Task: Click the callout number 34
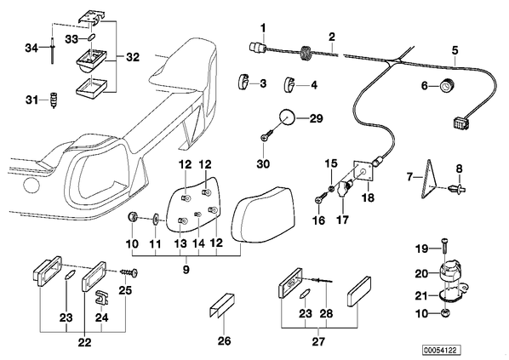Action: pyautogui.click(x=31, y=49)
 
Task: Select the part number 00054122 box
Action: pyautogui.click(x=442, y=351)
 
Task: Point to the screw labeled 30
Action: pyautogui.click(x=268, y=135)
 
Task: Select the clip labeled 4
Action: pyautogui.click(x=289, y=84)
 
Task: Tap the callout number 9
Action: pyautogui.click(x=186, y=270)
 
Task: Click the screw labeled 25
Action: pyautogui.click(x=129, y=272)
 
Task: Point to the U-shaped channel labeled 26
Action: pyautogui.click(x=221, y=305)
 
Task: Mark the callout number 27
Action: pyautogui.click(x=318, y=341)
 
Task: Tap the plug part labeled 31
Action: pyautogui.click(x=54, y=100)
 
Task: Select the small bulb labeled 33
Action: pyautogui.click(x=92, y=37)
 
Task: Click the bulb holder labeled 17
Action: pyautogui.click(x=345, y=189)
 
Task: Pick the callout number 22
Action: pyautogui.click(x=84, y=342)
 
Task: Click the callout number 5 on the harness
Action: pyautogui.click(x=455, y=50)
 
